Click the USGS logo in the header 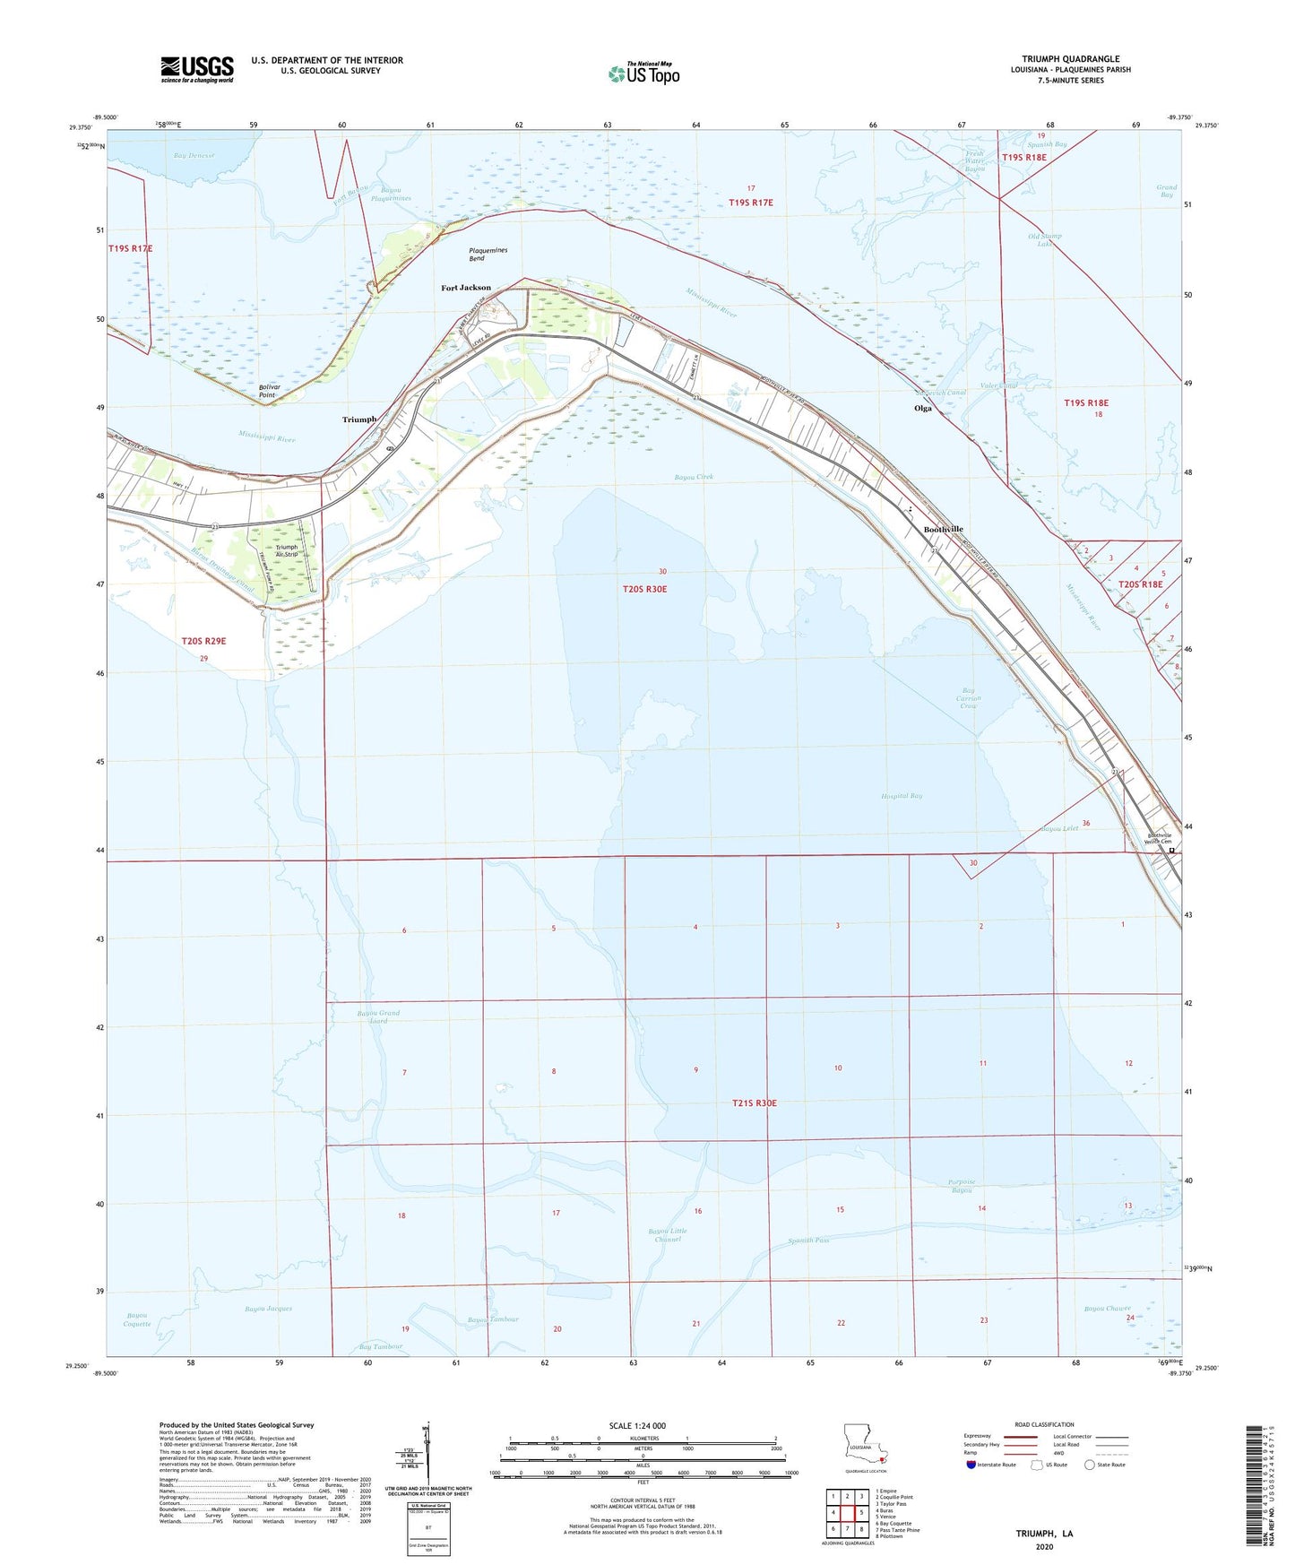[197, 69]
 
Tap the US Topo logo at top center [643, 73]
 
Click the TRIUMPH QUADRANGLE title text [1070, 59]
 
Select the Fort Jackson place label [466, 288]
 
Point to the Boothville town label [943, 530]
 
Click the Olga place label [922, 408]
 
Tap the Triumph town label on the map [359, 419]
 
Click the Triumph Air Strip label [287, 551]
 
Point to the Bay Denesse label [195, 155]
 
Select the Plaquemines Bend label [488, 254]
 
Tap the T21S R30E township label [754, 1103]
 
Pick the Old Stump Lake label [1044, 239]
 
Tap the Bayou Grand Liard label [378, 1017]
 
